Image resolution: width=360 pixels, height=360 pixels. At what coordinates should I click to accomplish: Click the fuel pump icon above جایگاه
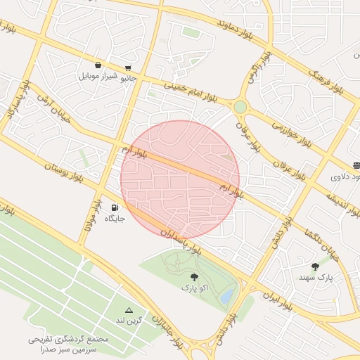(115, 207)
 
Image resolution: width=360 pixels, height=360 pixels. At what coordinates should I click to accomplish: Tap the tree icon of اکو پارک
(194, 277)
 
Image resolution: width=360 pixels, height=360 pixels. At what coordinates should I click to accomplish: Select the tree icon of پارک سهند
(314, 266)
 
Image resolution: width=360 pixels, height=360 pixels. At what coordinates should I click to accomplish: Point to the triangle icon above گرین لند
(129, 310)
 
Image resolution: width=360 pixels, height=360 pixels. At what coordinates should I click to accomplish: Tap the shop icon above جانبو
(127, 68)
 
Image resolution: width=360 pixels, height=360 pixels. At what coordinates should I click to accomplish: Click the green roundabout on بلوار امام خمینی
(240, 107)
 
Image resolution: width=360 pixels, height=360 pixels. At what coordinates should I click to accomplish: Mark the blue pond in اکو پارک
(226, 297)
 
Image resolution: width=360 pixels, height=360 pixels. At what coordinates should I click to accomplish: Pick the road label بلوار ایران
(277, 300)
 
